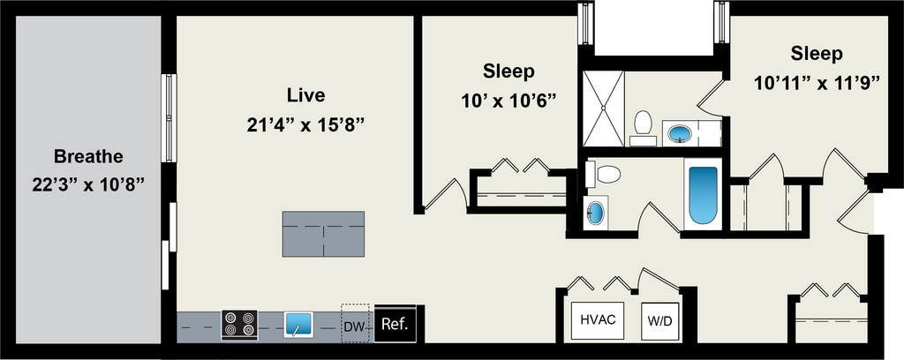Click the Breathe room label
(x=88, y=157)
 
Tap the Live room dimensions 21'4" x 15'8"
(x=306, y=124)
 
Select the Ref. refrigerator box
(x=394, y=325)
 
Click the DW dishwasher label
(x=354, y=326)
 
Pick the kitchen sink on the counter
(x=298, y=325)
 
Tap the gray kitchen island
(x=323, y=234)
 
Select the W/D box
(x=659, y=320)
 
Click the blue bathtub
(x=703, y=194)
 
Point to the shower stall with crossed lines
(x=606, y=109)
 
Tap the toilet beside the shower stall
(x=643, y=124)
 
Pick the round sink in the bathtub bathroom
(x=596, y=213)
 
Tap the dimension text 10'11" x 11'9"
(x=817, y=84)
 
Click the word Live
(x=306, y=94)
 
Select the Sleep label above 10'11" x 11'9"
(x=817, y=54)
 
